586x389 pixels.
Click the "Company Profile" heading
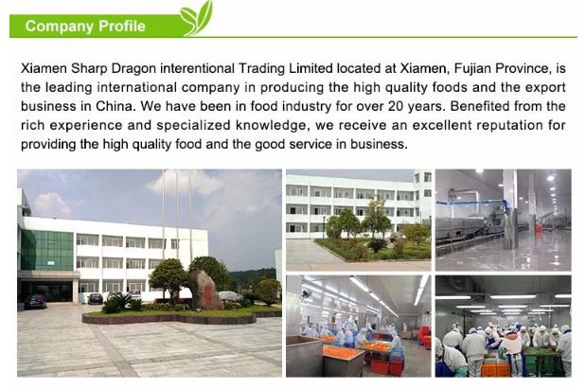coord(85,27)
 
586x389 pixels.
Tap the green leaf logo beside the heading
coord(196,18)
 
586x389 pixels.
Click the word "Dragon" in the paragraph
coord(133,69)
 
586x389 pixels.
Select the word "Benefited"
coord(476,106)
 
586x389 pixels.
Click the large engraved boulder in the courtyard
coord(204,290)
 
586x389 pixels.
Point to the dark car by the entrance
coord(35,301)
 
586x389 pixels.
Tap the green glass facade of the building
coord(47,250)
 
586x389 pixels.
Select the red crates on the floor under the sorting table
coord(386,367)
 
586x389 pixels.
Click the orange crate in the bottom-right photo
coord(495,369)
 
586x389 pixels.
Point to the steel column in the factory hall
coord(510,209)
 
